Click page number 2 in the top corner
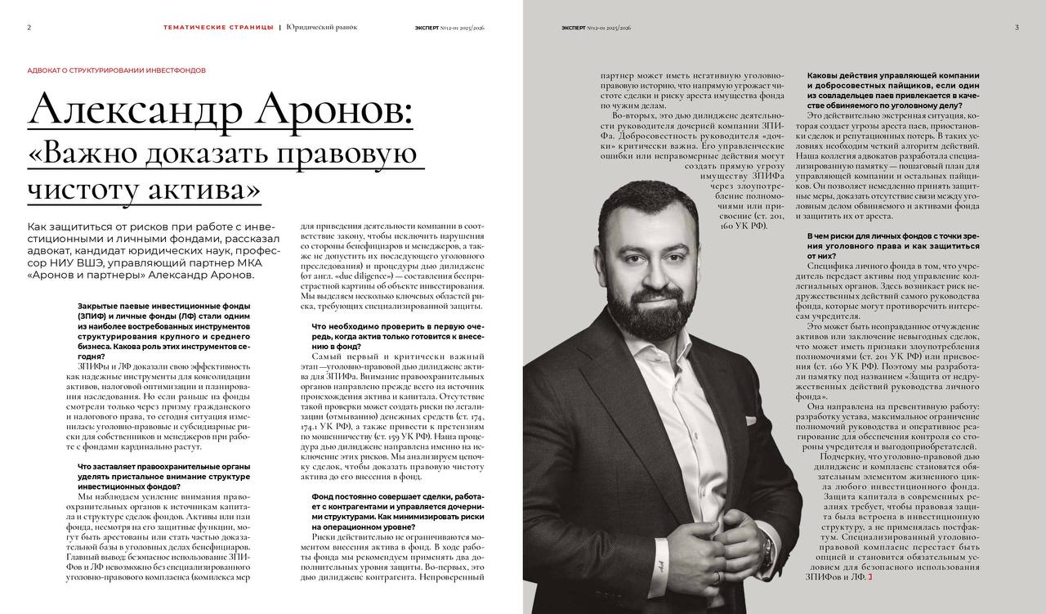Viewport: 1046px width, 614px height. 29,27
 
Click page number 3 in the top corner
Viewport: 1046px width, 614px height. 1017,27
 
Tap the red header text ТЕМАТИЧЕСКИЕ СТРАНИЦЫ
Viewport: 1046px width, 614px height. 218,27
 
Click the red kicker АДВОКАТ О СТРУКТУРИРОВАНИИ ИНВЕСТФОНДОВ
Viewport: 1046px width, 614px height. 116,70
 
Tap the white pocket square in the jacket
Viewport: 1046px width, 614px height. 749,420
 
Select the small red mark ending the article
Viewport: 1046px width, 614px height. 870,577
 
